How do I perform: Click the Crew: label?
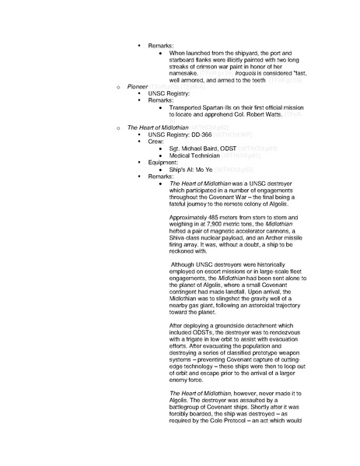157,142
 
